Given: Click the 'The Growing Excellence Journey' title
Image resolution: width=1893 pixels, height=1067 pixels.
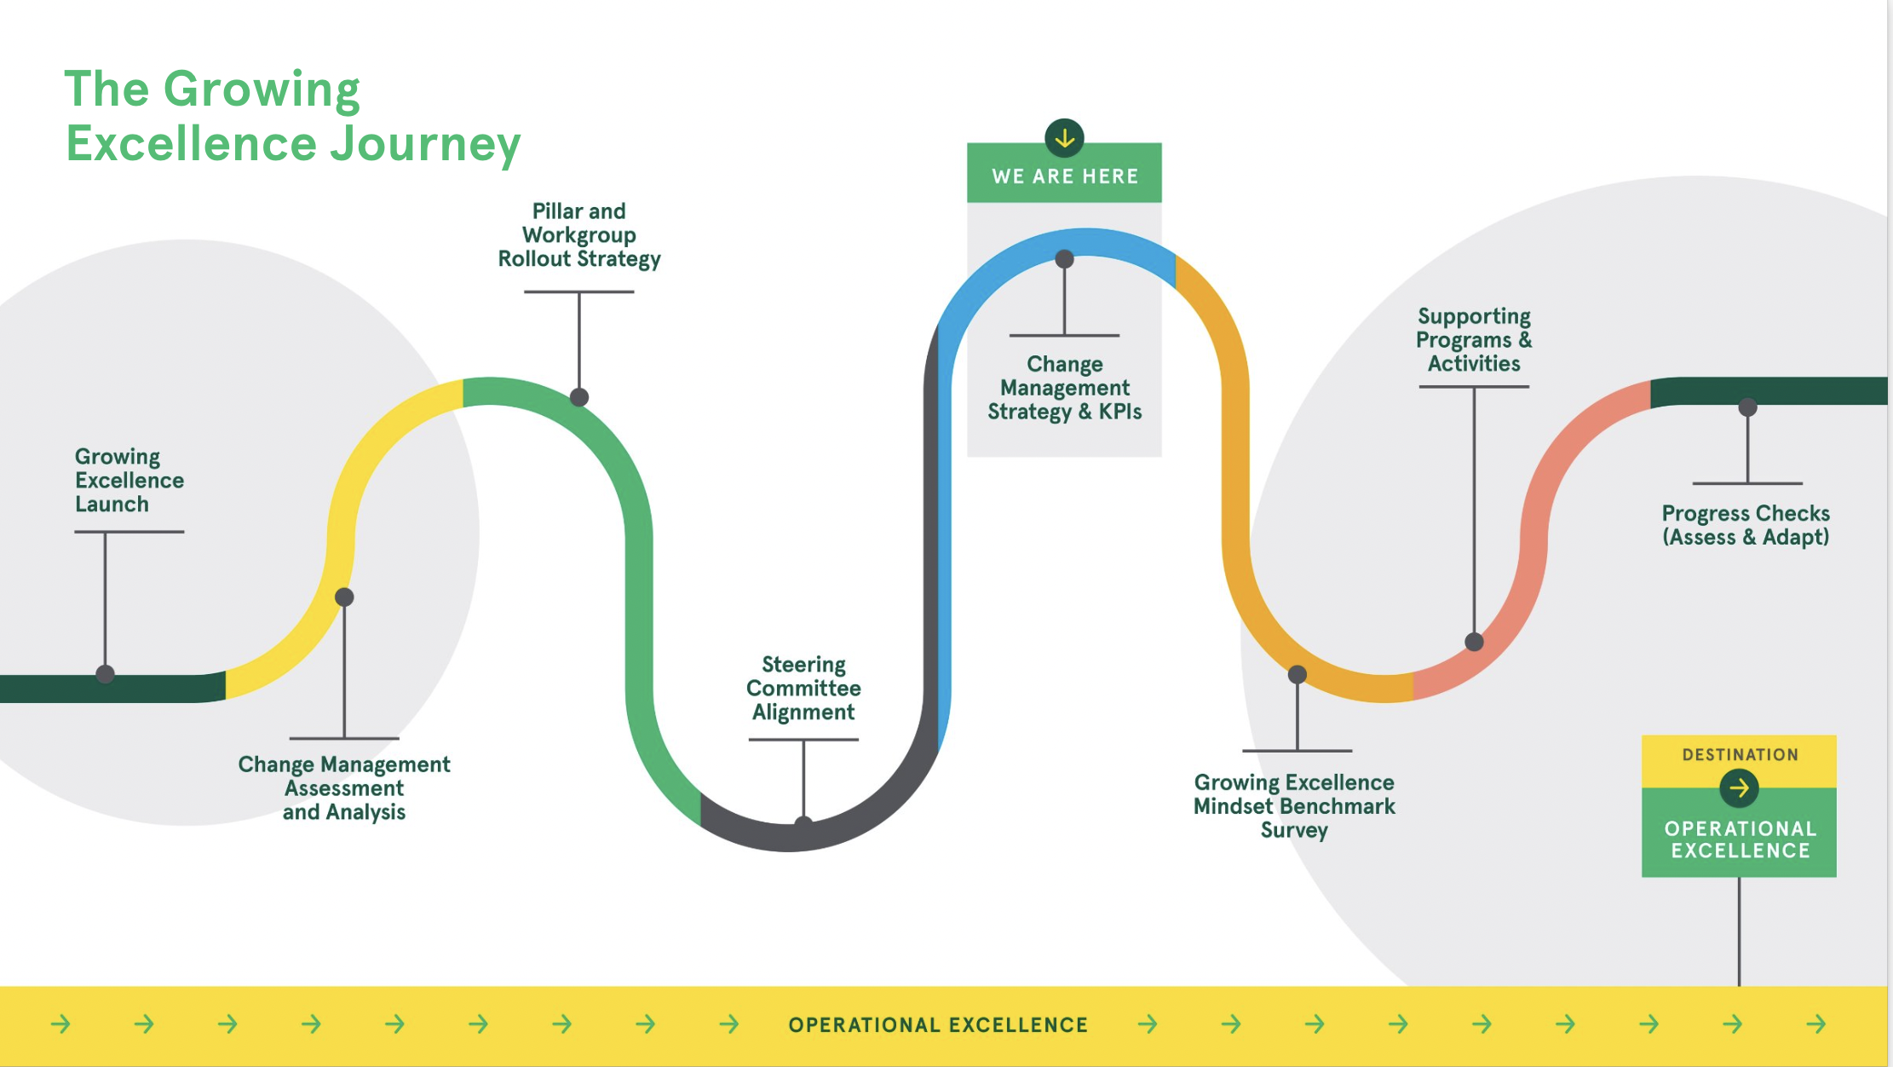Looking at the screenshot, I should (x=292, y=116).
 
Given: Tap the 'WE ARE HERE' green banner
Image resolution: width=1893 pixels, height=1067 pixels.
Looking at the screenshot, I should (x=1064, y=176).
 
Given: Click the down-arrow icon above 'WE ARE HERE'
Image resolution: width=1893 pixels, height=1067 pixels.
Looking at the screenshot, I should (x=1064, y=138).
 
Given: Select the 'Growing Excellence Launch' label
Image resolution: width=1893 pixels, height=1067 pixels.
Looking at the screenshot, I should (x=129, y=480).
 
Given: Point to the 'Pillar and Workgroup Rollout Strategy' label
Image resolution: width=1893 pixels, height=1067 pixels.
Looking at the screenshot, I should (x=579, y=235).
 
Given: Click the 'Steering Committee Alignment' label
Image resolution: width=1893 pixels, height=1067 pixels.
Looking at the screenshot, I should (x=803, y=688).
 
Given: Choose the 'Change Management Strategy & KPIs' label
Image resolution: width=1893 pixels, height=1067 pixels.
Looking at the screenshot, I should (x=1064, y=388).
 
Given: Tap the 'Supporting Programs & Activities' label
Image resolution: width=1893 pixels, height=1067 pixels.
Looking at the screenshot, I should (x=1474, y=340).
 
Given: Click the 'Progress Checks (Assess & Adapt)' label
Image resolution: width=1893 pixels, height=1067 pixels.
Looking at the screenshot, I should (x=1746, y=525).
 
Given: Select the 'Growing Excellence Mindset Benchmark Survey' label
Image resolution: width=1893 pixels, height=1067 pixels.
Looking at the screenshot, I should (x=1294, y=805).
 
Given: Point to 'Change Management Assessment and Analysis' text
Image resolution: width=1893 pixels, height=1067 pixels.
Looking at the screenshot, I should (x=344, y=787).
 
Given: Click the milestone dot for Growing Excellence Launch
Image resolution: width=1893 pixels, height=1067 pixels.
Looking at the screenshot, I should (x=106, y=674).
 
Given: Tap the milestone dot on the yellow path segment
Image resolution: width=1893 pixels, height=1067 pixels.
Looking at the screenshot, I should (x=344, y=597).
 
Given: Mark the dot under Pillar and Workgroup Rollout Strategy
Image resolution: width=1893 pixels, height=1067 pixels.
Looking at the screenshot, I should (x=579, y=397).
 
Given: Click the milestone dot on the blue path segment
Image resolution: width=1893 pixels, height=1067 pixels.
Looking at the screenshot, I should (x=1064, y=259).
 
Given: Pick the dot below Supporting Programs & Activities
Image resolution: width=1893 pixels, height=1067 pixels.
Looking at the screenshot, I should (x=1474, y=642).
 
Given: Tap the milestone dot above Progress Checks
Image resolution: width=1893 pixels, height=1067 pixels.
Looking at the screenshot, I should (x=1747, y=407).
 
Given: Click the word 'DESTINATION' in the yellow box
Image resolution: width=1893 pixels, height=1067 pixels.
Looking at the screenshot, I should (x=1740, y=754).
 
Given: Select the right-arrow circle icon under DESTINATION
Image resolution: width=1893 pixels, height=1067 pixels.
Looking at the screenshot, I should (x=1739, y=788).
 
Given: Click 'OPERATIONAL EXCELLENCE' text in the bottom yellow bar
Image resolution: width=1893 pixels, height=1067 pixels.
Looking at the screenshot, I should (x=938, y=1024).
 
